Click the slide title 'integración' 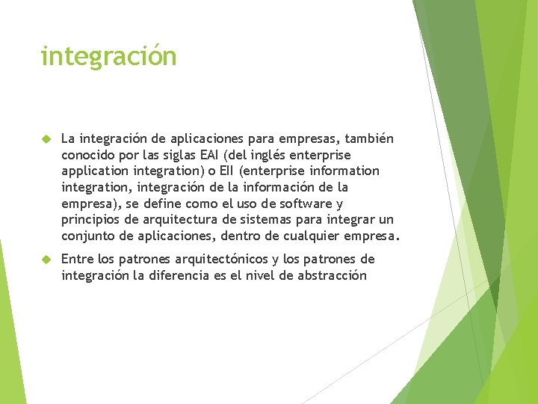click(108, 56)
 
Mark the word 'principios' click(93, 220)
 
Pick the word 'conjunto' click(87, 236)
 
